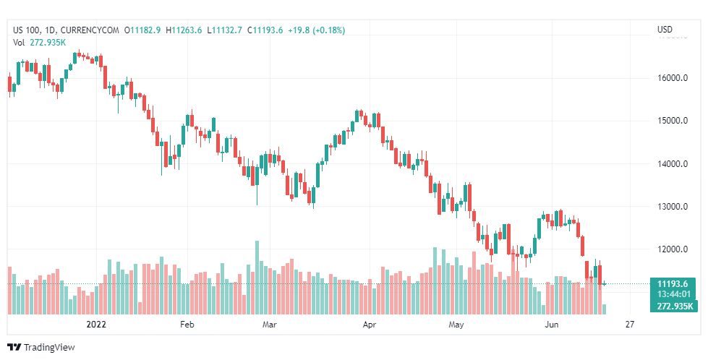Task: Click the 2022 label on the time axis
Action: pos(96,325)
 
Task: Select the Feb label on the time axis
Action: pos(187,325)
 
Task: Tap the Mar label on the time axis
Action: pos(270,325)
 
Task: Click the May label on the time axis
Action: pos(456,325)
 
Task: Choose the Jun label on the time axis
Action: pos(552,325)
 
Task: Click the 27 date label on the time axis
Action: pos(630,325)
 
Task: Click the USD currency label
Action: pos(665,30)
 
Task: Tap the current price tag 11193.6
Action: pos(673,283)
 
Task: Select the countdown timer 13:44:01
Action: pos(673,295)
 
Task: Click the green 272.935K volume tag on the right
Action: pos(673,307)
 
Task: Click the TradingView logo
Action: pos(41,348)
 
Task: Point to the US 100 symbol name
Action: pos(27,30)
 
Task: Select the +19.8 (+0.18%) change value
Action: pos(316,30)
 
